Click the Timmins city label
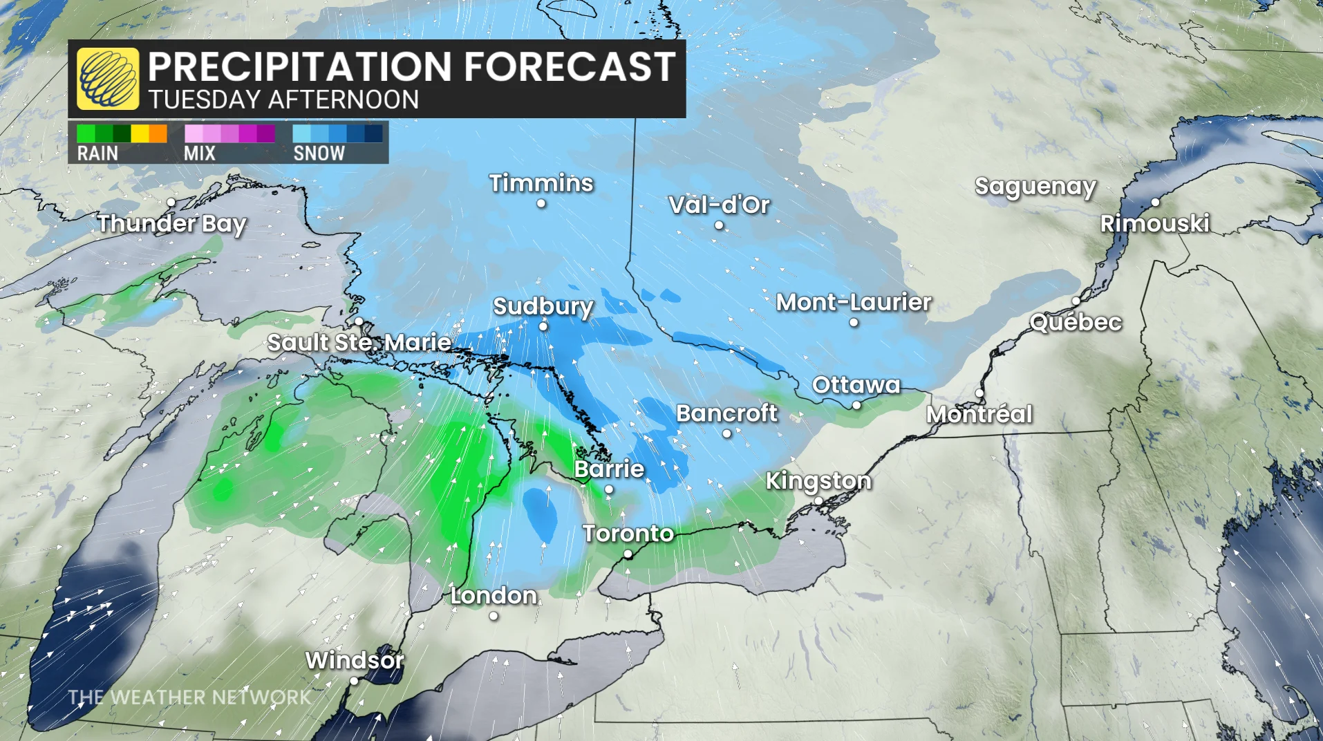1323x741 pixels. [x=541, y=183]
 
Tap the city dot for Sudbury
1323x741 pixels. [x=543, y=326]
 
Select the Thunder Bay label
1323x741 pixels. [x=171, y=223]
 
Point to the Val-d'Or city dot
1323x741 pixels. [x=719, y=225]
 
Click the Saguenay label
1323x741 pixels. [x=1035, y=187]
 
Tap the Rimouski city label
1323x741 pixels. [x=1154, y=223]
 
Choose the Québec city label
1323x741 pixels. [x=1076, y=322]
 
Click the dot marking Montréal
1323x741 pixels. [x=979, y=393]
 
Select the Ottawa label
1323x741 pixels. [x=856, y=385]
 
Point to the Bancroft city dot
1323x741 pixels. [x=726, y=434]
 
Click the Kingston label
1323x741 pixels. [x=818, y=480]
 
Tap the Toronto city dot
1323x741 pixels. [x=628, y=554]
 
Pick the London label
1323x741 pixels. [x=494, y=595]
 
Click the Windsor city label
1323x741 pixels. [x=355, y=660]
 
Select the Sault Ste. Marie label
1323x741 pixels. [x=359, y=342]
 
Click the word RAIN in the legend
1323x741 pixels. [x=97, y=153]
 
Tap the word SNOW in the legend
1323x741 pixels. [x=319, y=153]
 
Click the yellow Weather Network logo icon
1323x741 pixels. [x=108, y=79]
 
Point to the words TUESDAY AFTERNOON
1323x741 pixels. [x=283, y=100]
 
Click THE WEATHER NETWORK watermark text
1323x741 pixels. [x=189, y=697]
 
